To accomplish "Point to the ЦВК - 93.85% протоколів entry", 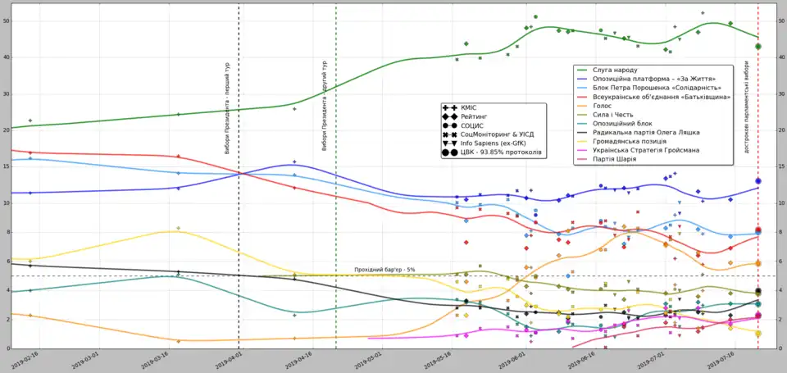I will pyautogui.click(x=501, y=152).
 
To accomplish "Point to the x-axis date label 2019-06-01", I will pyautogui.click(x=504, y=360).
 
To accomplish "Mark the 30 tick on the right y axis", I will pyautogui.click(x=780, y=93).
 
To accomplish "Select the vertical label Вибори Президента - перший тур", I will pyautogui.click(x=227, y=106).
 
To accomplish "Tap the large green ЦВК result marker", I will pyautogui.click(x=758, y=47).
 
